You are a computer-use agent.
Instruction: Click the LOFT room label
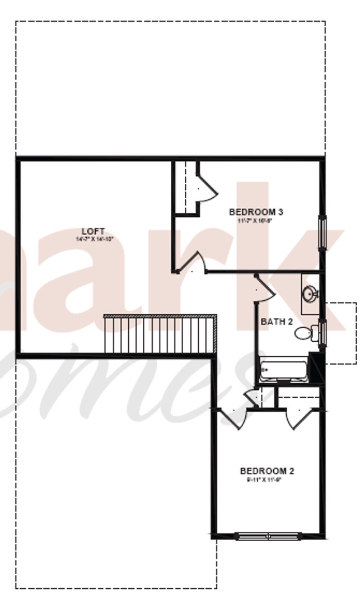[x=93, y=231]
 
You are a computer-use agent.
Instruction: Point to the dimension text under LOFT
[x=94, y=239]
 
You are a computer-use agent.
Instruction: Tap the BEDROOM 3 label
[x=256, y=212]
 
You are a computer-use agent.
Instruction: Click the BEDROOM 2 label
[x=267, y=471]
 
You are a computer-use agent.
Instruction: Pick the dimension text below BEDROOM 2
[x=267, y=480]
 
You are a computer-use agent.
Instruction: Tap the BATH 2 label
[x=277, y=322]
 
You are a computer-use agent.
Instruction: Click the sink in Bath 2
[x=310, y=293]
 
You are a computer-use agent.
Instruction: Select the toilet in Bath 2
[x=304, y=333]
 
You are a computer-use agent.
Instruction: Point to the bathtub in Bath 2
[x=283, y=371]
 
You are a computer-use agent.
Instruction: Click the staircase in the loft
[x=160, y=334]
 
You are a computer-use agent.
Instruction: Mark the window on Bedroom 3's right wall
[x=322, y=230]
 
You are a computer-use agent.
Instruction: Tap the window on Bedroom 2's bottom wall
[x=269, y=536]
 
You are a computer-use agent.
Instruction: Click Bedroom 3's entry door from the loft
[x=194, y=263]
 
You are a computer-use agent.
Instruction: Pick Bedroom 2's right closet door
[x=296, y=419]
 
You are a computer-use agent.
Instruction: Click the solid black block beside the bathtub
[x=317, y=370]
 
